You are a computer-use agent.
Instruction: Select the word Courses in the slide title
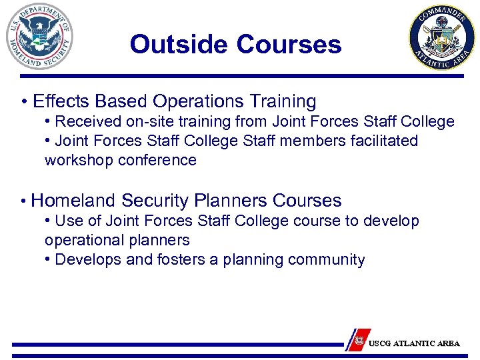click(289, 45)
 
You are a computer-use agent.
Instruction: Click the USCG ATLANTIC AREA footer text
click(414, 343)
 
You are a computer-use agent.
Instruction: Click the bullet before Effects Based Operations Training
click(23, 102)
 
